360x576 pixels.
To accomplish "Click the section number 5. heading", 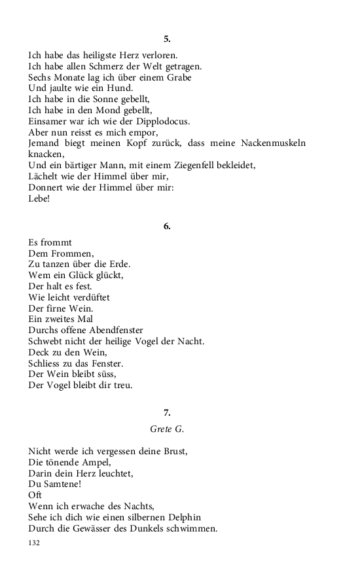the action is [167, 39].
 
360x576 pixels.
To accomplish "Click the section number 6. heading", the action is [167, 226].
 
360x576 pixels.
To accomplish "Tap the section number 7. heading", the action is [167, 412].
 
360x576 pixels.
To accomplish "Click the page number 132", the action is [35, 543].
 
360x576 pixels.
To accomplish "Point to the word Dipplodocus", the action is [162, 121].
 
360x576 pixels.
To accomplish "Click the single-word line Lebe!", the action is [39, 199].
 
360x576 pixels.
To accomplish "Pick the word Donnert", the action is [46, 188].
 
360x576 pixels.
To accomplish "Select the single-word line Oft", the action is [35, 495].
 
